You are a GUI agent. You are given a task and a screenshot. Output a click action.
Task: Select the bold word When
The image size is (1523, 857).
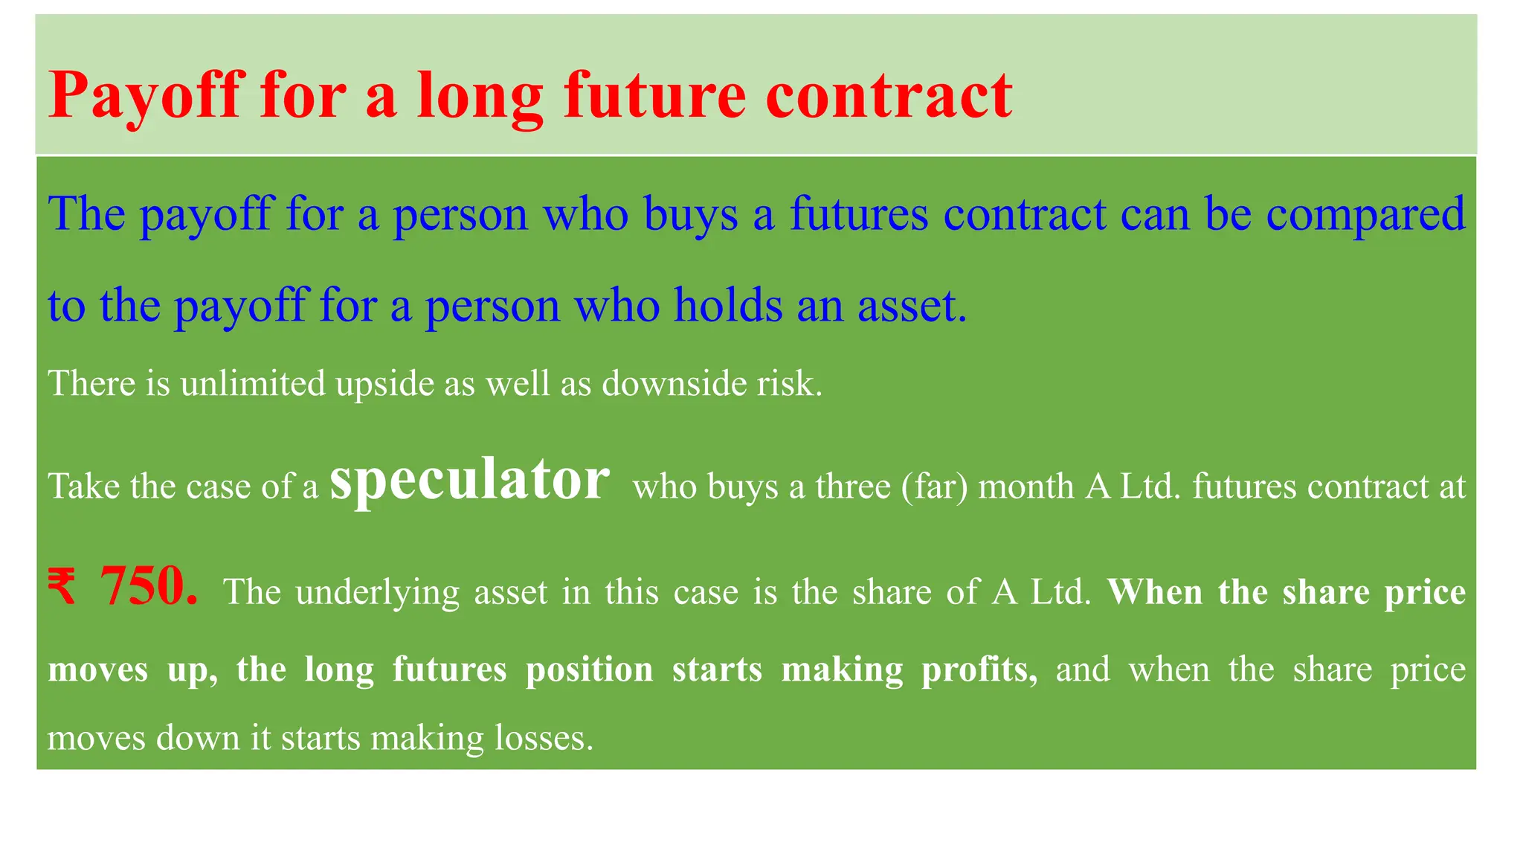1154,593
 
